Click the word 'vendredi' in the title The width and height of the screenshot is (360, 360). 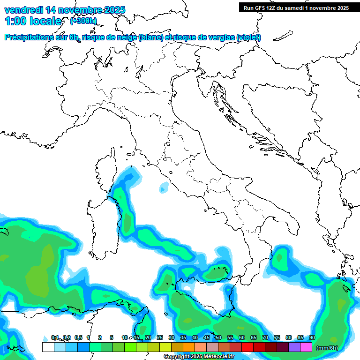(x=22, y=10)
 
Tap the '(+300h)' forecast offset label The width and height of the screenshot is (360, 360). (x=83, y=21)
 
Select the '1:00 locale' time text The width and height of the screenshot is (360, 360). (x=33, y=21)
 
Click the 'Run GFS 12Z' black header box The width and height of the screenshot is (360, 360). (x=296, y=7)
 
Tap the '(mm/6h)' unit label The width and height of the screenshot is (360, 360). (x=327, y=348)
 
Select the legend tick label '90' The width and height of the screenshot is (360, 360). (x=312, y=337)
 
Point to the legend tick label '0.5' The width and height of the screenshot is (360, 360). (x=78, y=337)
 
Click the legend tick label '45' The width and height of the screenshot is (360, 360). (x=207, y=337)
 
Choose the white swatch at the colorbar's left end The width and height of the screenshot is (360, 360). (x=48, y=347)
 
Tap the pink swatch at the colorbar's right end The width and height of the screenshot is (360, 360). (x=306, y=347)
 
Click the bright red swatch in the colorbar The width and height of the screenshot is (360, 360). (x=247, y=347)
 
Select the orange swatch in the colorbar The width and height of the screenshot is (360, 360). (x=189, y=347)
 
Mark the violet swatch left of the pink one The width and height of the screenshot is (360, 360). (x=294, y=347)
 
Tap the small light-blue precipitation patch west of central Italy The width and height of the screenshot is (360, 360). (x=164, y=188)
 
